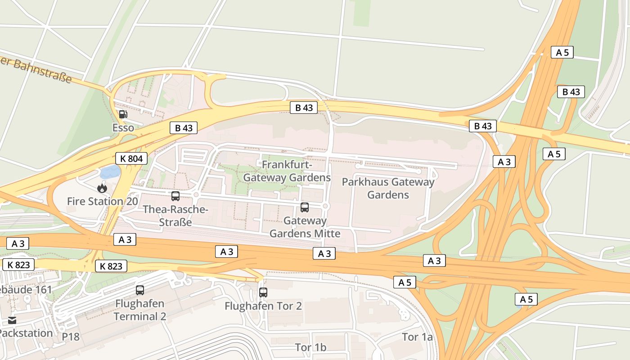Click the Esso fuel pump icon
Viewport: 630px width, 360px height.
pyautogui.click(x=123, y=114)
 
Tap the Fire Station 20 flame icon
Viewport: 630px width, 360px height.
pyautogui.click(x=102, y=188)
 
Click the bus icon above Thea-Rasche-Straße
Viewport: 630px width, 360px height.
pyautogui.click(x=175, y=196)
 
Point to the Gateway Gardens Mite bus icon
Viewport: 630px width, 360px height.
pyautogui.click(x=305, y=207)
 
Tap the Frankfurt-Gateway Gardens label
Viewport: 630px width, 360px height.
pyautogui.click(x=287, y=171)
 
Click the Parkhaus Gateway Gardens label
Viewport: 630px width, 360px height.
pyautogui.click(x=388, y=188)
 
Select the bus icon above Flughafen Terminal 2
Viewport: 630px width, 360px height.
pyautogui.click(x=140, y=290)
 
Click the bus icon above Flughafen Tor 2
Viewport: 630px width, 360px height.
pyautogui.click(x=263, y=292)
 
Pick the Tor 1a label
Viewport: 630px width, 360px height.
pyautogui.click(x=417, y=337)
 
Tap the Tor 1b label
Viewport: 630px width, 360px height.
pyautogui.click(x=310, y=347)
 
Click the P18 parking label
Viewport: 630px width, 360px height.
pyautogui.click(x=71, y=337)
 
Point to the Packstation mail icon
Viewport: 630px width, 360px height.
pyautogui.click(x=12, y=320)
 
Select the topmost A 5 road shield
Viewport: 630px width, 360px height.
pyautogui.click(x=562, y=52)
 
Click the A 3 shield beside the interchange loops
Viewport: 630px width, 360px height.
pyautogui.click(x=504, y=162)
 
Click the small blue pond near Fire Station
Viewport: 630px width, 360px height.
pyautogui.click(x=110, y=171)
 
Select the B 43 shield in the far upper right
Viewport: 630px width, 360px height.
pyautogui.click(x=571, y=92)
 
